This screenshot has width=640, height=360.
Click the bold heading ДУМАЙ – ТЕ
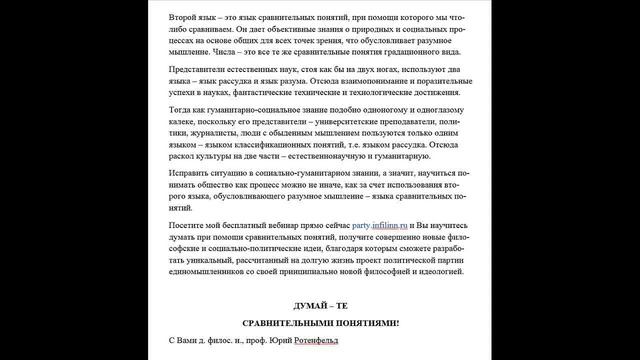click(x=319, y=304)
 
